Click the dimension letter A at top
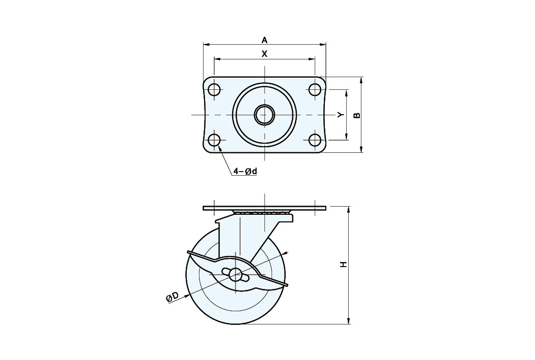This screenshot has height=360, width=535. click(264, 40)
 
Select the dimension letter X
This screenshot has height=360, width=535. click(264, 54)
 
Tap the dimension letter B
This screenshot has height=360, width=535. click(356, 115)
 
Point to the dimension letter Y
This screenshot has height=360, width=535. click(341, 115)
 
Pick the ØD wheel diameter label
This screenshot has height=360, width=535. click(172, 297)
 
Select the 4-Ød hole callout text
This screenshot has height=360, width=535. click(245, 171)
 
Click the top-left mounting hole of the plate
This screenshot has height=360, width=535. click(214, 89)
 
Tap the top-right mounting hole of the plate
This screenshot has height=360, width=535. click(314, 89)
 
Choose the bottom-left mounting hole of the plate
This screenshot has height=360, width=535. click(214, 140)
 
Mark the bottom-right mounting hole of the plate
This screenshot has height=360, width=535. click(314, 140)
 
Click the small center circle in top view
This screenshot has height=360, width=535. click(264, 115)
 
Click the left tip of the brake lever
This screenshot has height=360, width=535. click(188, 252)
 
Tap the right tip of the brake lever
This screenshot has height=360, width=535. click(287, 284)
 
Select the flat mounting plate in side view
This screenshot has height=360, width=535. click(264, 208)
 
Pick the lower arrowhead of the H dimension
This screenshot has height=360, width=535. click(348, 320)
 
